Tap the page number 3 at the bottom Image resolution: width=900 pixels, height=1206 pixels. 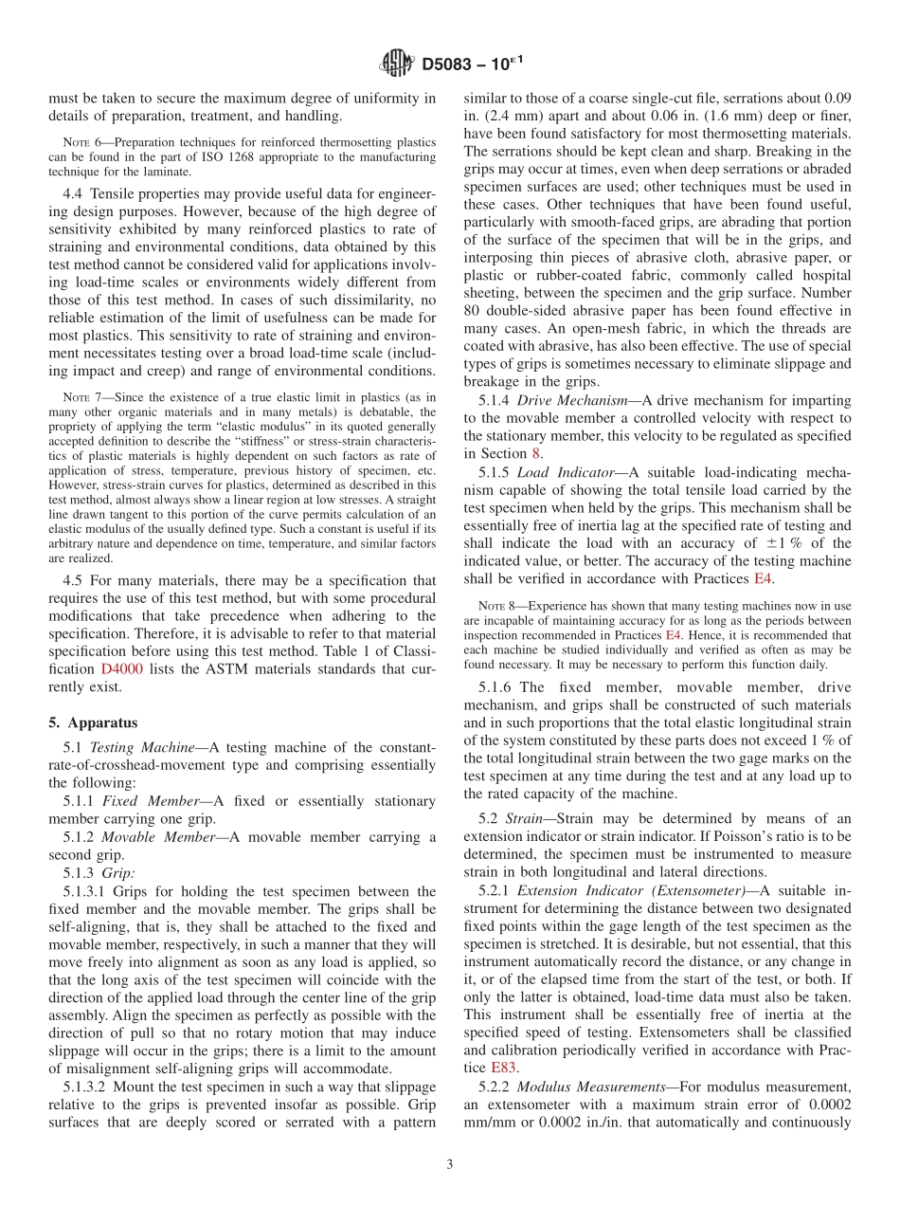[450, 1164]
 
